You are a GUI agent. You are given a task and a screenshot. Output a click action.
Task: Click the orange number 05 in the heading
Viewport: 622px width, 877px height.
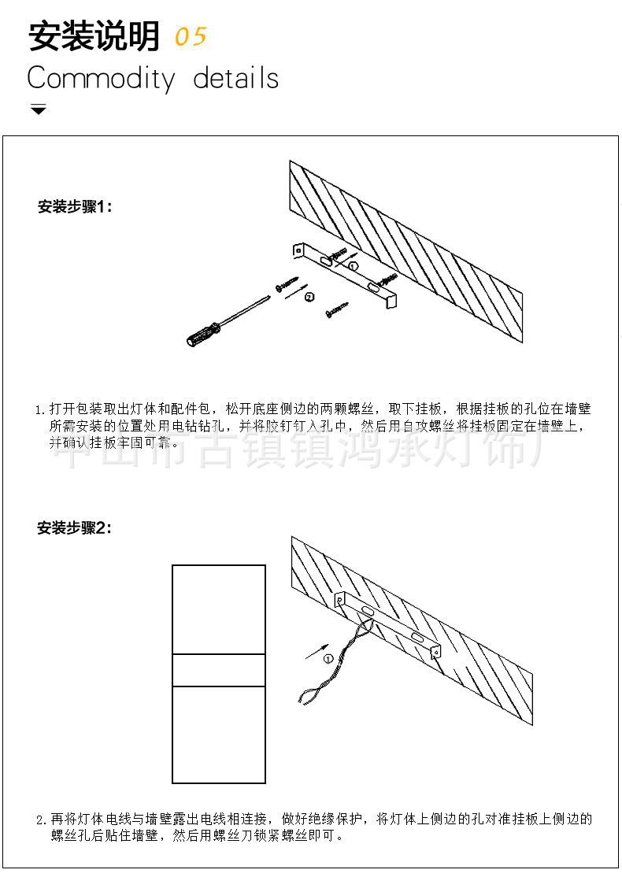point(190,37)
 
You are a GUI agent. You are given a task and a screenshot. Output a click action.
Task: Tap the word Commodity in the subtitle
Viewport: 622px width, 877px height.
point(101,79)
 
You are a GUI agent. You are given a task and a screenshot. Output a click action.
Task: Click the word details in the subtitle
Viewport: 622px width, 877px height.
point(235,79)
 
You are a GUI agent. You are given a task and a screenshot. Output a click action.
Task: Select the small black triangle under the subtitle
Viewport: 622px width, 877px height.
point(38,109)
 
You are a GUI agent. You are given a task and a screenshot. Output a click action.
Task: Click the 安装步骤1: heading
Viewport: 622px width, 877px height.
point(76,207)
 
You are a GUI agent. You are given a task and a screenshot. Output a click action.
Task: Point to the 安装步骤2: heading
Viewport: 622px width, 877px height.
point(75,528)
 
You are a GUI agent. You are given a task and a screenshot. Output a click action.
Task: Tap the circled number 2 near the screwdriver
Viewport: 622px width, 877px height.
point(309,297)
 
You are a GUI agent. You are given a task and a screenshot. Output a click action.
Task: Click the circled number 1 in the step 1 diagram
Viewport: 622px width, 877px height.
point(353,266)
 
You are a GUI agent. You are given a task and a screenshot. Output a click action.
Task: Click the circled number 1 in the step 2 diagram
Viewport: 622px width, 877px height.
point(329,658)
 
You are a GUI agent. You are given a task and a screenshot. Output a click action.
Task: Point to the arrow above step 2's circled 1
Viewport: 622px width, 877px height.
point(317,650)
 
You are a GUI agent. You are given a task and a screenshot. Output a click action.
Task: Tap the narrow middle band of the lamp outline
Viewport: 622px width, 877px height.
point(219,670)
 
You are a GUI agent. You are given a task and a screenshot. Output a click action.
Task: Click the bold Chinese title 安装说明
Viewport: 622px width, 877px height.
point(93,37)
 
